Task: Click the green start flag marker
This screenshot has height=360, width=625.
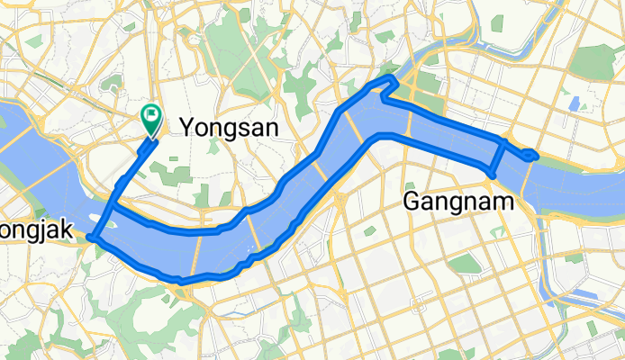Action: (x=150, y=117)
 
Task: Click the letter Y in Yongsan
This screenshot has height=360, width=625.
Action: (x=189, y=128)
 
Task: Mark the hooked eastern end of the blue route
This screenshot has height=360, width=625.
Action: (x=535, y=156)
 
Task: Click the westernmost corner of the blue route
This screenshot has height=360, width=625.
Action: (x=90, y=238)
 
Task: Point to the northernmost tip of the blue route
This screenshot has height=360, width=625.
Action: (x=391, y=79)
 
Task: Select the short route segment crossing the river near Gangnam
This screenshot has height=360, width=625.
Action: (x=496, y=157)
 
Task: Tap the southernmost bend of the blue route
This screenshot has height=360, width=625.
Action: (x=182, y=281)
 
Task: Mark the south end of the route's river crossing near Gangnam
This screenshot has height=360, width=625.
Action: (x=491, y=173)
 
